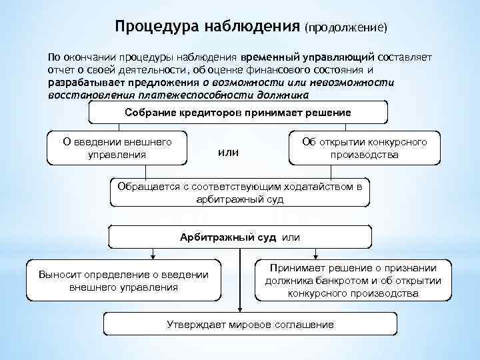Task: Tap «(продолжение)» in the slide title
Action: click(345, 28)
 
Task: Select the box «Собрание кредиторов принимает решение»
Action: click(237, 112)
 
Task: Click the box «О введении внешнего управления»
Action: click(117, 149)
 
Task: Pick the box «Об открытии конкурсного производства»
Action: click(364, 149)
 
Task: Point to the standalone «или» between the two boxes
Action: click(228, 153)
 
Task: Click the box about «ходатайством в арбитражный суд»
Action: click(240, 193)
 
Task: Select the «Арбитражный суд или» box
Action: click(240, 237)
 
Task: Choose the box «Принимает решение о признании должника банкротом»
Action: click(353, 281)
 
